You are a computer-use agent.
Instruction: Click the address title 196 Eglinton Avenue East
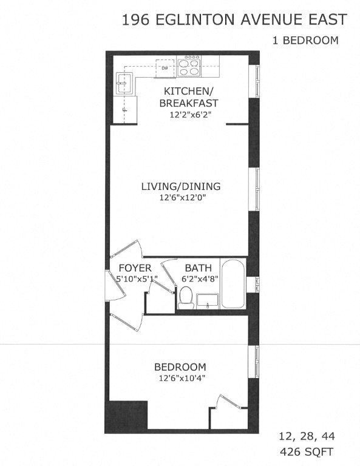[234, 20]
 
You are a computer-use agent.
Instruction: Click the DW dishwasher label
[164, 68]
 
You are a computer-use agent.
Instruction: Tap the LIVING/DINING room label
[180, 186]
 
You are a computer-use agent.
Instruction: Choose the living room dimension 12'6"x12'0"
[180, 197]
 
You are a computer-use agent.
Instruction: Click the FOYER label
[135, 268]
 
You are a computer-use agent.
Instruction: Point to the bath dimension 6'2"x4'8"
[199, 279]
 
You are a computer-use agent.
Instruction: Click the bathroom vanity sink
[208, 300]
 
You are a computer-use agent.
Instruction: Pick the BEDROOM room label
[180, 367]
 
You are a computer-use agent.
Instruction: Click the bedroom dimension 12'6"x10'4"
[180, 378]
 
